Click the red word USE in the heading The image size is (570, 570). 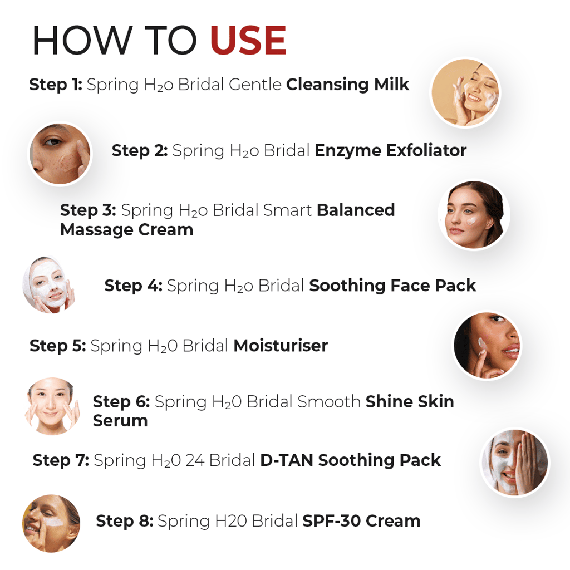pyautogui.click(x=248, y=41)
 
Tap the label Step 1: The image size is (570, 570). pyautogui.click(x=56, y=85)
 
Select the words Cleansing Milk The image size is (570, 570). pyautogui.click(x=347, y=85)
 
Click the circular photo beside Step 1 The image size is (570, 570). pyautogui.click(x=465, y=93)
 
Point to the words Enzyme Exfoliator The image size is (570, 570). pyautogui.click(x=390, y=150)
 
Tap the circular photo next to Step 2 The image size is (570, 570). pyautogui.click(x=60, y=154)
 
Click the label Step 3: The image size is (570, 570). pyautogui.click(x=88, y=210)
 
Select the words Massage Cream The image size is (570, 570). pyautogui.click(x=126, y=229)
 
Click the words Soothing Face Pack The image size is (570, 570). pyautogui.click(x=392, y=286)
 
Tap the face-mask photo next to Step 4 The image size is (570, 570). pyautogui.click(x=49, y=284)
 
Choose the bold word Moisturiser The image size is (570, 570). pyautogui.click(x=281, y=346)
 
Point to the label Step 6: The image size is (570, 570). pyautogui.click(x=121, y=401)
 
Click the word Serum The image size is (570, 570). pyautogui.click(x=120, y=421)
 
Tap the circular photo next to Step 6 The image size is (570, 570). pyautogui.click(x=51, y=406)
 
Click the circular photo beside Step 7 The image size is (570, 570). pyautogui.click(x=514, y=462)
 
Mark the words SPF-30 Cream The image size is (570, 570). pyautogui.click(x=361, y=521)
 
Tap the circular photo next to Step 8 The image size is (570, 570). pyautogui.click(x=51, y=523)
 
